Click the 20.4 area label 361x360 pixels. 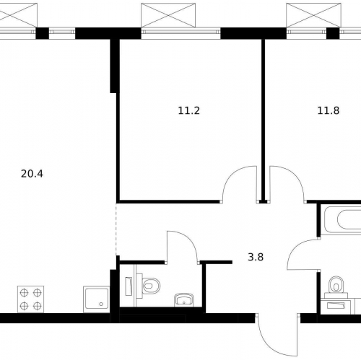[32, 174]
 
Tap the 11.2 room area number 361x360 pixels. [189, 110]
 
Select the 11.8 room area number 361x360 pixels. [329, 110]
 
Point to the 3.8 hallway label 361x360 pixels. [256, 257]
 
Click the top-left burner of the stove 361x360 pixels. [24, 293]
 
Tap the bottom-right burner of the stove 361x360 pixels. [38, 306]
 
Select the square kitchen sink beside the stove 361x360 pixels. [96, 299]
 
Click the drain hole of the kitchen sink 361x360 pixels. [101, 304]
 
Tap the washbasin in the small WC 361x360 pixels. [184, 300]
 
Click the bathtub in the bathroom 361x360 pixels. [343, 219]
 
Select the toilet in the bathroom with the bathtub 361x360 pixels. [336, 284]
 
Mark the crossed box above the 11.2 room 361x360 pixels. [168, 15]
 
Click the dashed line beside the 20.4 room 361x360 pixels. [116, 229]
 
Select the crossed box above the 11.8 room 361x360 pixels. [313, 15]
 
